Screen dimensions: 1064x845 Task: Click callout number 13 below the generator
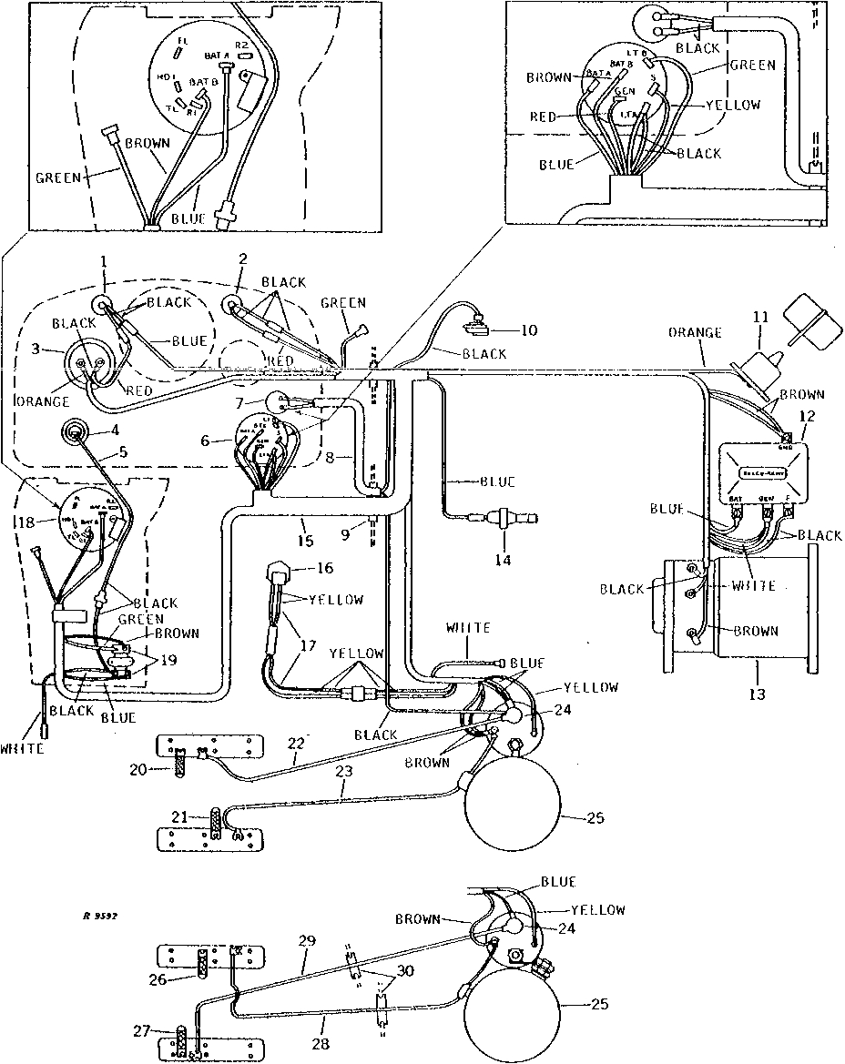click(758, 694)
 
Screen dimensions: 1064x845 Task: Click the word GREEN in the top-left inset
click(57, 178)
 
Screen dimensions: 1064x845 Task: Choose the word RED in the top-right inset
click(544, 117)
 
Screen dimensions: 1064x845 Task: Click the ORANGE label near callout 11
click(697, 333)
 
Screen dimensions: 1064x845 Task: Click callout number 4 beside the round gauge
click(115, 431)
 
